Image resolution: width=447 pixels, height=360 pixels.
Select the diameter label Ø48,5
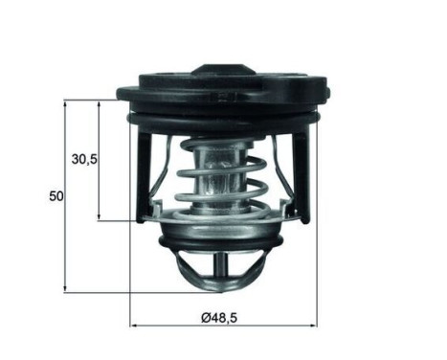pyautogui.click(x=220, y=315)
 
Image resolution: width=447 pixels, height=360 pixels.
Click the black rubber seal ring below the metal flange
pyautogui.click(x=222, y=246)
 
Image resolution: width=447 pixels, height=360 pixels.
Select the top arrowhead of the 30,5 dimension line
pyautogui.click(x=100, y=102)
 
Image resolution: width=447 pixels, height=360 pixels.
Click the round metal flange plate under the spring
pyautogui.click(x=222, y=230)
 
